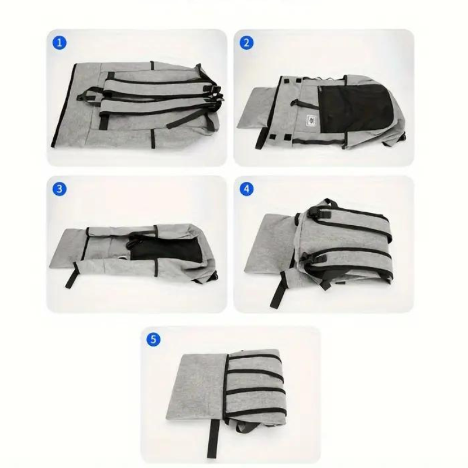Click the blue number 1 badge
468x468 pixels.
pos(60,43)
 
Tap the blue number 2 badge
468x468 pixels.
pos(246,43)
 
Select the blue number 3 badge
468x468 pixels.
pos(60,189)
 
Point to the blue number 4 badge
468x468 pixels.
pos(246,189)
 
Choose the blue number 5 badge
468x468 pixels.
pos(153,339)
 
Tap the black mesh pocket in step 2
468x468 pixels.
pos(355,108)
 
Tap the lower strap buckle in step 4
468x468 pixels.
pos(311,257)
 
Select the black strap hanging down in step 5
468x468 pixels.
pos(213,438)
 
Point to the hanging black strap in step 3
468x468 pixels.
pos(71,276)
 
